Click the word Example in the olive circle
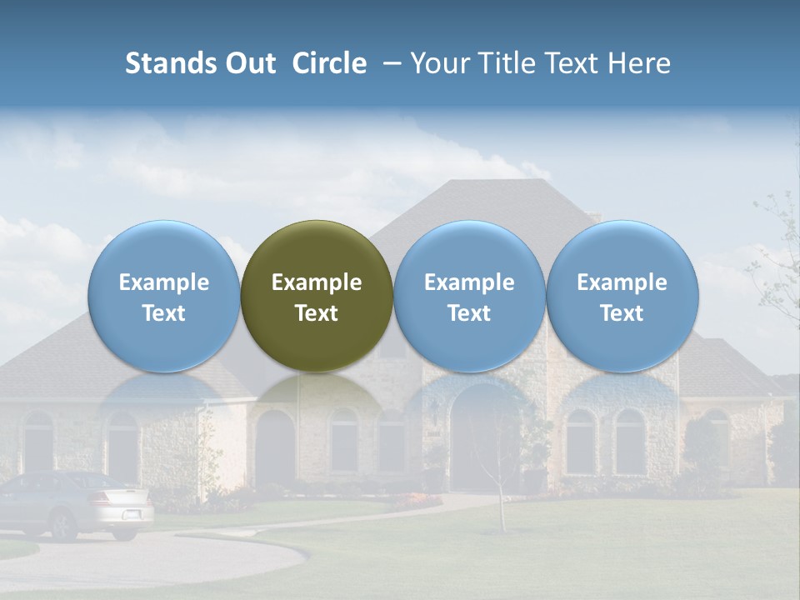317,282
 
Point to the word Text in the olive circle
317,313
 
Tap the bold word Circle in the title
329,63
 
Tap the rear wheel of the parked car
62,524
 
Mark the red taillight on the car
101,499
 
